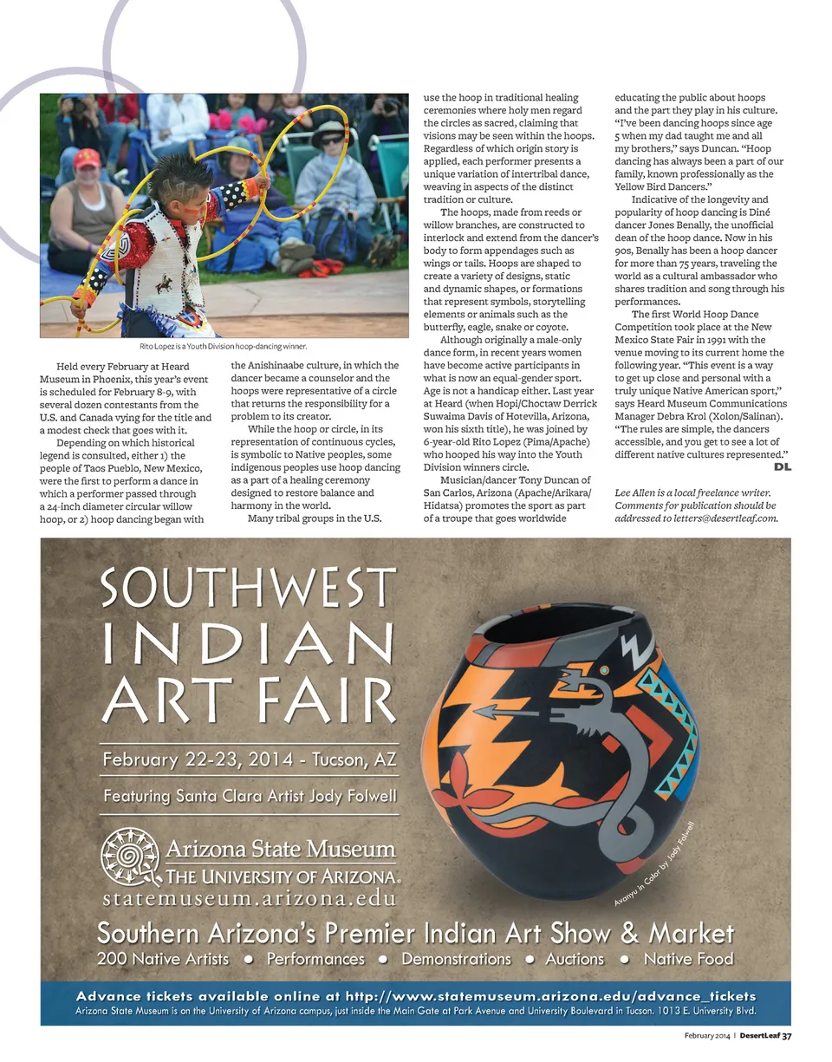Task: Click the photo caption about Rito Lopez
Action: tap(224, 346)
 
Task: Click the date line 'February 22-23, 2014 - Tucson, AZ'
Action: tap(249, 760)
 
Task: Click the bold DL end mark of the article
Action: tap(782, 467)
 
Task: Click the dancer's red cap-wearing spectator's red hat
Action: tap(87, 158)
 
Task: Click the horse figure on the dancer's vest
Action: tap(165, 283)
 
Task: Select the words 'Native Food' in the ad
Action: tap(688, 959)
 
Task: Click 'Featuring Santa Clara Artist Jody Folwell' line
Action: tap(250, 795)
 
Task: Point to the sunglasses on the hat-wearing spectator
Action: tap(331, 140)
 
